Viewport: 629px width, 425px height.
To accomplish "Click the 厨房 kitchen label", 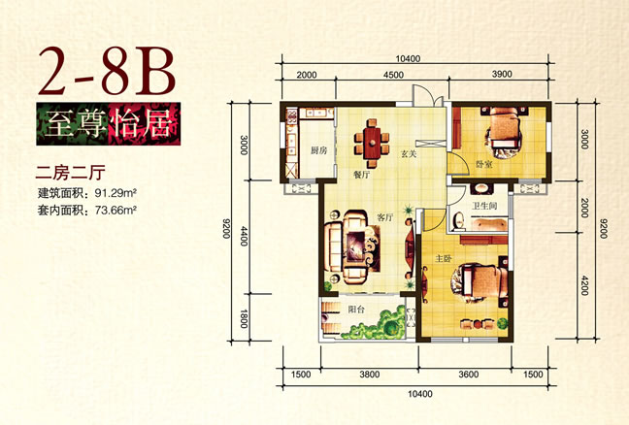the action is coord(319,150).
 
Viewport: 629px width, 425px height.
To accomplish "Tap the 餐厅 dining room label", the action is coord(361,176).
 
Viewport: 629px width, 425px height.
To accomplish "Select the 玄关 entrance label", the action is coord(409,153).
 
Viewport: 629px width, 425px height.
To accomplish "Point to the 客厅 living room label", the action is coord(385,217).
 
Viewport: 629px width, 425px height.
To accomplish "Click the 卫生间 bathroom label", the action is coord(484,206).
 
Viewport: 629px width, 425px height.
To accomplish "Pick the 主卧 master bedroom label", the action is coord(444,259).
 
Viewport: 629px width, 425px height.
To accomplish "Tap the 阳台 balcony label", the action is coord(356,310).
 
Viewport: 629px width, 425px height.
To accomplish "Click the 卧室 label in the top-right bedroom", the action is coord(484,164).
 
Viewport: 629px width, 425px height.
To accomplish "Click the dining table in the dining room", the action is coord(373,144).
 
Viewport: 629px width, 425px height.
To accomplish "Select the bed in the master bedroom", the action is coord(481,281).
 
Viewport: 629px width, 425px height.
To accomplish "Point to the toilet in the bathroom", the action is coord(458,222).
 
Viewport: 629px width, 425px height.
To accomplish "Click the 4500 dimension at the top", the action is coord(393,75).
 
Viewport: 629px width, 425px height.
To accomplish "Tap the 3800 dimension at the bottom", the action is coord(370,375).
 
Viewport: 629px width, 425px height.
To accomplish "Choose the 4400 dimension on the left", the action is coord(244,236).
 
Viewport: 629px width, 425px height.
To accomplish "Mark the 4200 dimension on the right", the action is coord(584,285).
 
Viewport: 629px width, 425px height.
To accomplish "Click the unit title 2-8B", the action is coord(107,72).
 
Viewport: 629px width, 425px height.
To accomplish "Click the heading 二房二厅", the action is coord(71,173).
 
